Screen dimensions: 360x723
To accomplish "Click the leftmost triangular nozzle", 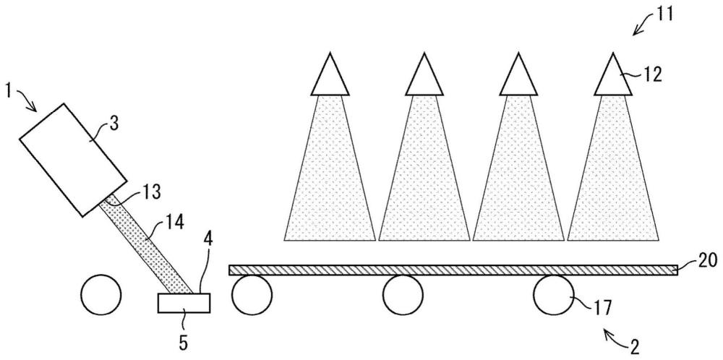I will (329, 76).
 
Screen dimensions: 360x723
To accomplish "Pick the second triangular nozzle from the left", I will (424, 76).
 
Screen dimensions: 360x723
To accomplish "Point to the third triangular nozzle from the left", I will (518, 76).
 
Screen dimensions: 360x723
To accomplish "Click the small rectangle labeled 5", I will (184, 303).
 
